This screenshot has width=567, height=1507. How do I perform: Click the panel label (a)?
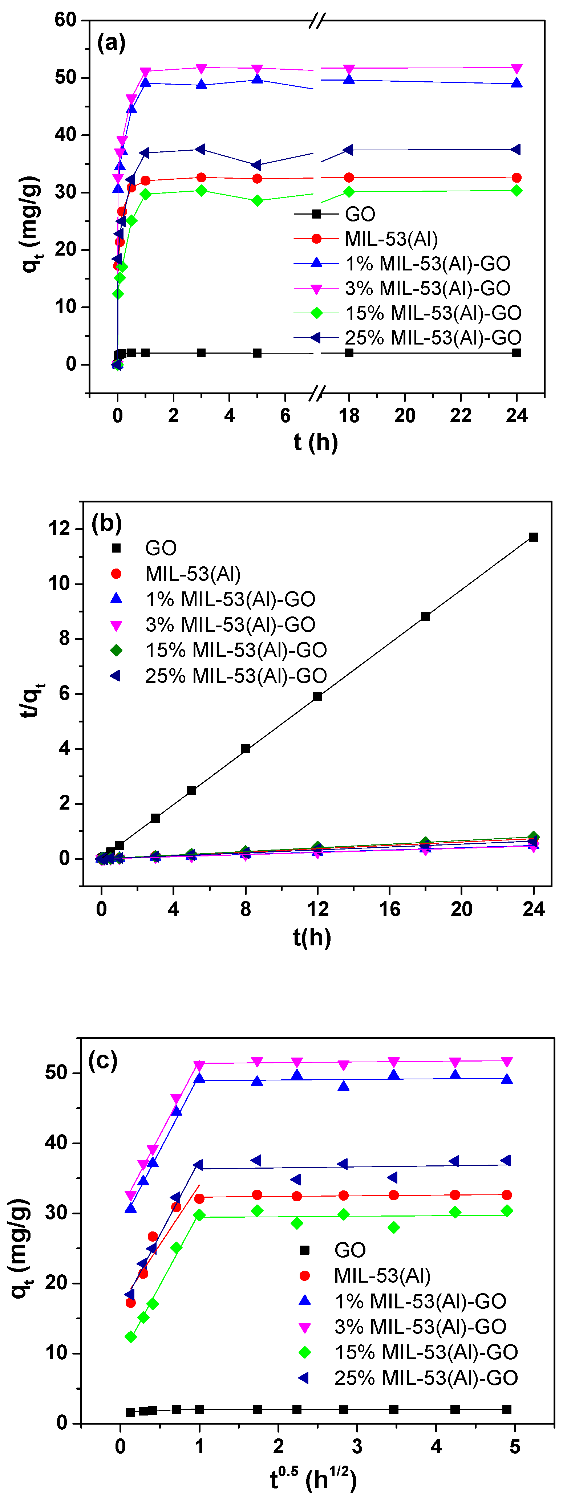click(111, 43)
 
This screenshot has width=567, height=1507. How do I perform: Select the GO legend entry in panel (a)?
click(359, 214)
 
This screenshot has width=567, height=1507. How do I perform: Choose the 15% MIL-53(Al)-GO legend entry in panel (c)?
click(425, 1352)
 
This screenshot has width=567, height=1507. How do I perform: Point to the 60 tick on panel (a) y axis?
click(65, 20)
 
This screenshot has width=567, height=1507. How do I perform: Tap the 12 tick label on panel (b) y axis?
click(59, 529)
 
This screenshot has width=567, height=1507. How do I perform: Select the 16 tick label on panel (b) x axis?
click(389, 909)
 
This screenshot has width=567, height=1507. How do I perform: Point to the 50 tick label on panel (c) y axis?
click(56, 1073)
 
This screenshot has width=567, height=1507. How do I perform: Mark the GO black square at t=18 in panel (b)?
click(425, 616)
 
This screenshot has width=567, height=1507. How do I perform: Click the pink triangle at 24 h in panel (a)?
click(517, 69)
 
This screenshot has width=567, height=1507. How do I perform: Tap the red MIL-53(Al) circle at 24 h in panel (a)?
click(517, 178)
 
